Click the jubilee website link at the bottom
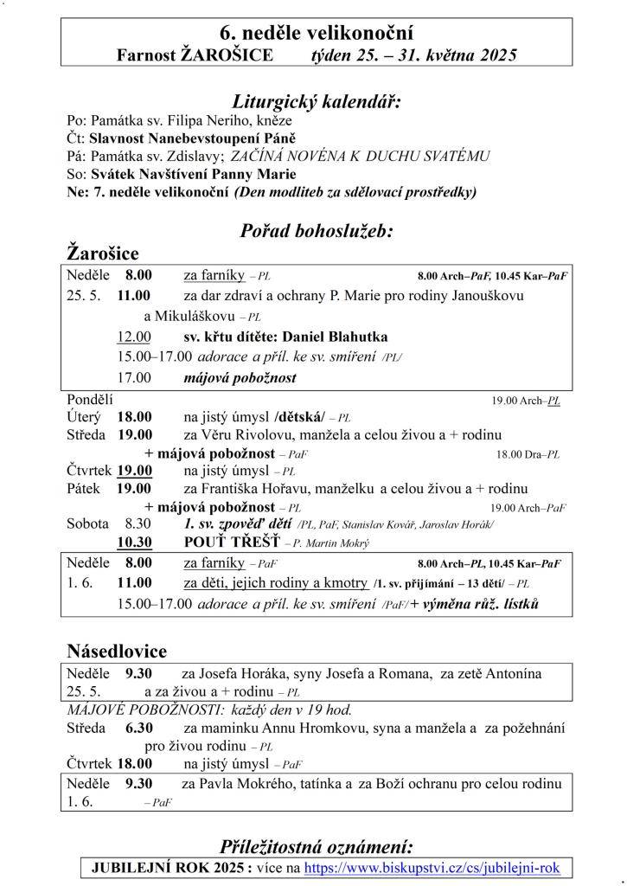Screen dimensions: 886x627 432,867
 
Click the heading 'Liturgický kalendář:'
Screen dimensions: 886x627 317,101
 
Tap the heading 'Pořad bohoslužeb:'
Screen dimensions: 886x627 317,231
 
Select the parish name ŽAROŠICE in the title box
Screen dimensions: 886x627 227,55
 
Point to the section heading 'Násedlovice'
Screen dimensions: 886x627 117,651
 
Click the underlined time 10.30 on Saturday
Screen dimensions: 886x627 135,543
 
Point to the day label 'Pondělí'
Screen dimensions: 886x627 90,400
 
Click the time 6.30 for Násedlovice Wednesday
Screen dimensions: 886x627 139,728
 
